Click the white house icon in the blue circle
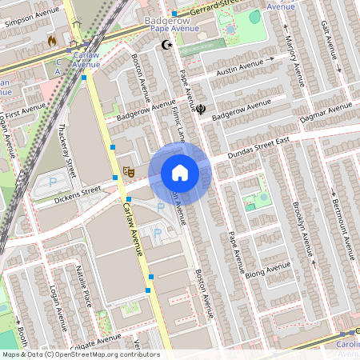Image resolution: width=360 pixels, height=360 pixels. pos(180,173)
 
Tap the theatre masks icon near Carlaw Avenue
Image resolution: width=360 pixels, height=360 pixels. pos(127,172)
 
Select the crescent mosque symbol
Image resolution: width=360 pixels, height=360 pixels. pos(167,46)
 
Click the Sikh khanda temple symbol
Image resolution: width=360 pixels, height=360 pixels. pos(201,110)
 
